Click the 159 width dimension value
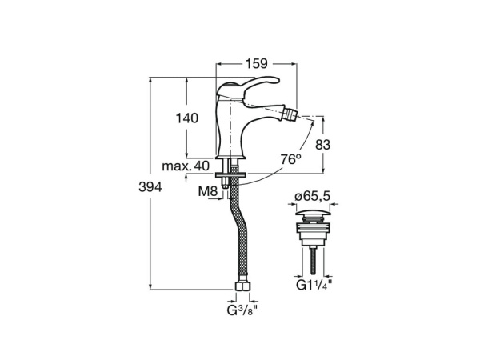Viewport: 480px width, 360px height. tap(256, 64)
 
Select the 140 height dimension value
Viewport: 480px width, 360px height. tap(187, 118)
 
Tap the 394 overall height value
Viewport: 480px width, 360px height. tap(150, 186)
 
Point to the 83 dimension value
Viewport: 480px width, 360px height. tap(323, 145)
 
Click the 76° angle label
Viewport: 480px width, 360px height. tap(291, 159)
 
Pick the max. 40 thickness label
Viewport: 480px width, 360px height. tap(186, 166)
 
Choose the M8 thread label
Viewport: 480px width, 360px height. tap(208, 192)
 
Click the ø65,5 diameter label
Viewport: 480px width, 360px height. tap(313, 196)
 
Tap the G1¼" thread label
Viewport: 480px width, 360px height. tap(314, 286)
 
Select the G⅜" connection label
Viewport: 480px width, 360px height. tap(242, 310)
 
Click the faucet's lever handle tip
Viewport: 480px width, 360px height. tap(277, 80)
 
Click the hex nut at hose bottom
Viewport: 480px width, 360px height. tap(242, 286)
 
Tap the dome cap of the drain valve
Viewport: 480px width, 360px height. tap(313, 212)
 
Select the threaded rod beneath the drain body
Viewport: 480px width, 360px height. tap(313, 261)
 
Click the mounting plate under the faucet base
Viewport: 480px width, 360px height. tap(231, 175)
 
